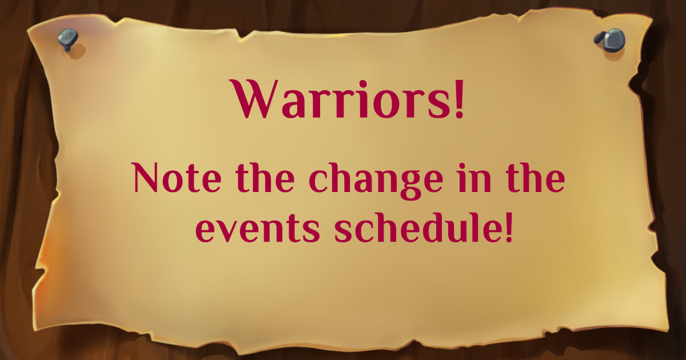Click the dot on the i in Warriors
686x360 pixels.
pyautogui.click(x=363, y=84)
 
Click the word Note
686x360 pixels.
pyautogui.click(x=177, y=178)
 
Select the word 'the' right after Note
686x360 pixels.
pyautogui.click(x=265, y=178)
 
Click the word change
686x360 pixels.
pyautogui.click(x=376, y=181)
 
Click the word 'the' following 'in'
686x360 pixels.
pyautogui.click(x=535, y=178)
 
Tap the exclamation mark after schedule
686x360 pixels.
pyautogui.click(x=509, y=228)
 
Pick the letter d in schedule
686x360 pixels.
pyautogui.click(x=436, y=227)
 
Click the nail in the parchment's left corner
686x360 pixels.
pyautogui.click(x=68, y=39)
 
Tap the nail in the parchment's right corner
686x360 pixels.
pyautogui.click(x=610, y=40)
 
